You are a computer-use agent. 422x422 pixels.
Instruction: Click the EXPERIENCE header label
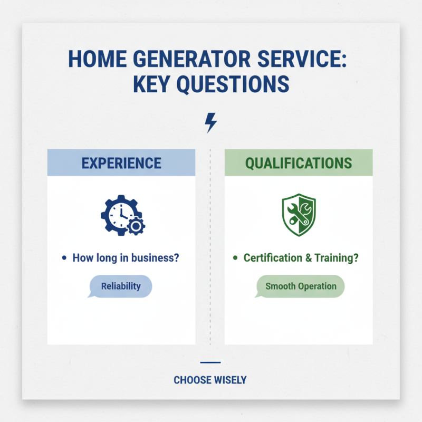[x=121, y=162]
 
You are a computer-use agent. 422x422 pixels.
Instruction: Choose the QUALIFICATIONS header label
[x=299, y=162]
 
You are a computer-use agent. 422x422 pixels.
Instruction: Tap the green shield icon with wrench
[x=299, y=215]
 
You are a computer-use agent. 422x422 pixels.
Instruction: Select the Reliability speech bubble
[x=120, y=286]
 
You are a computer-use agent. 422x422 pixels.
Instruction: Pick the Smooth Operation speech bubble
[x=300, y=286]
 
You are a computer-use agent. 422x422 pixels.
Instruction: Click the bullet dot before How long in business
[x=64, y=258]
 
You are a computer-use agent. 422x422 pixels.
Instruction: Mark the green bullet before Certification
[x=235, y=258]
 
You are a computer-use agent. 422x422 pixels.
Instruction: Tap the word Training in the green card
[x=336, y=258]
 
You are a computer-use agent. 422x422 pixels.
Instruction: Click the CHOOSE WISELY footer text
[x=210, y=380]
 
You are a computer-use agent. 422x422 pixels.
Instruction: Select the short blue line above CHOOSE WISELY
[x=210, y=362]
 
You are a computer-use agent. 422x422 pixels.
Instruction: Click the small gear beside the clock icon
[x=137, y=226]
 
